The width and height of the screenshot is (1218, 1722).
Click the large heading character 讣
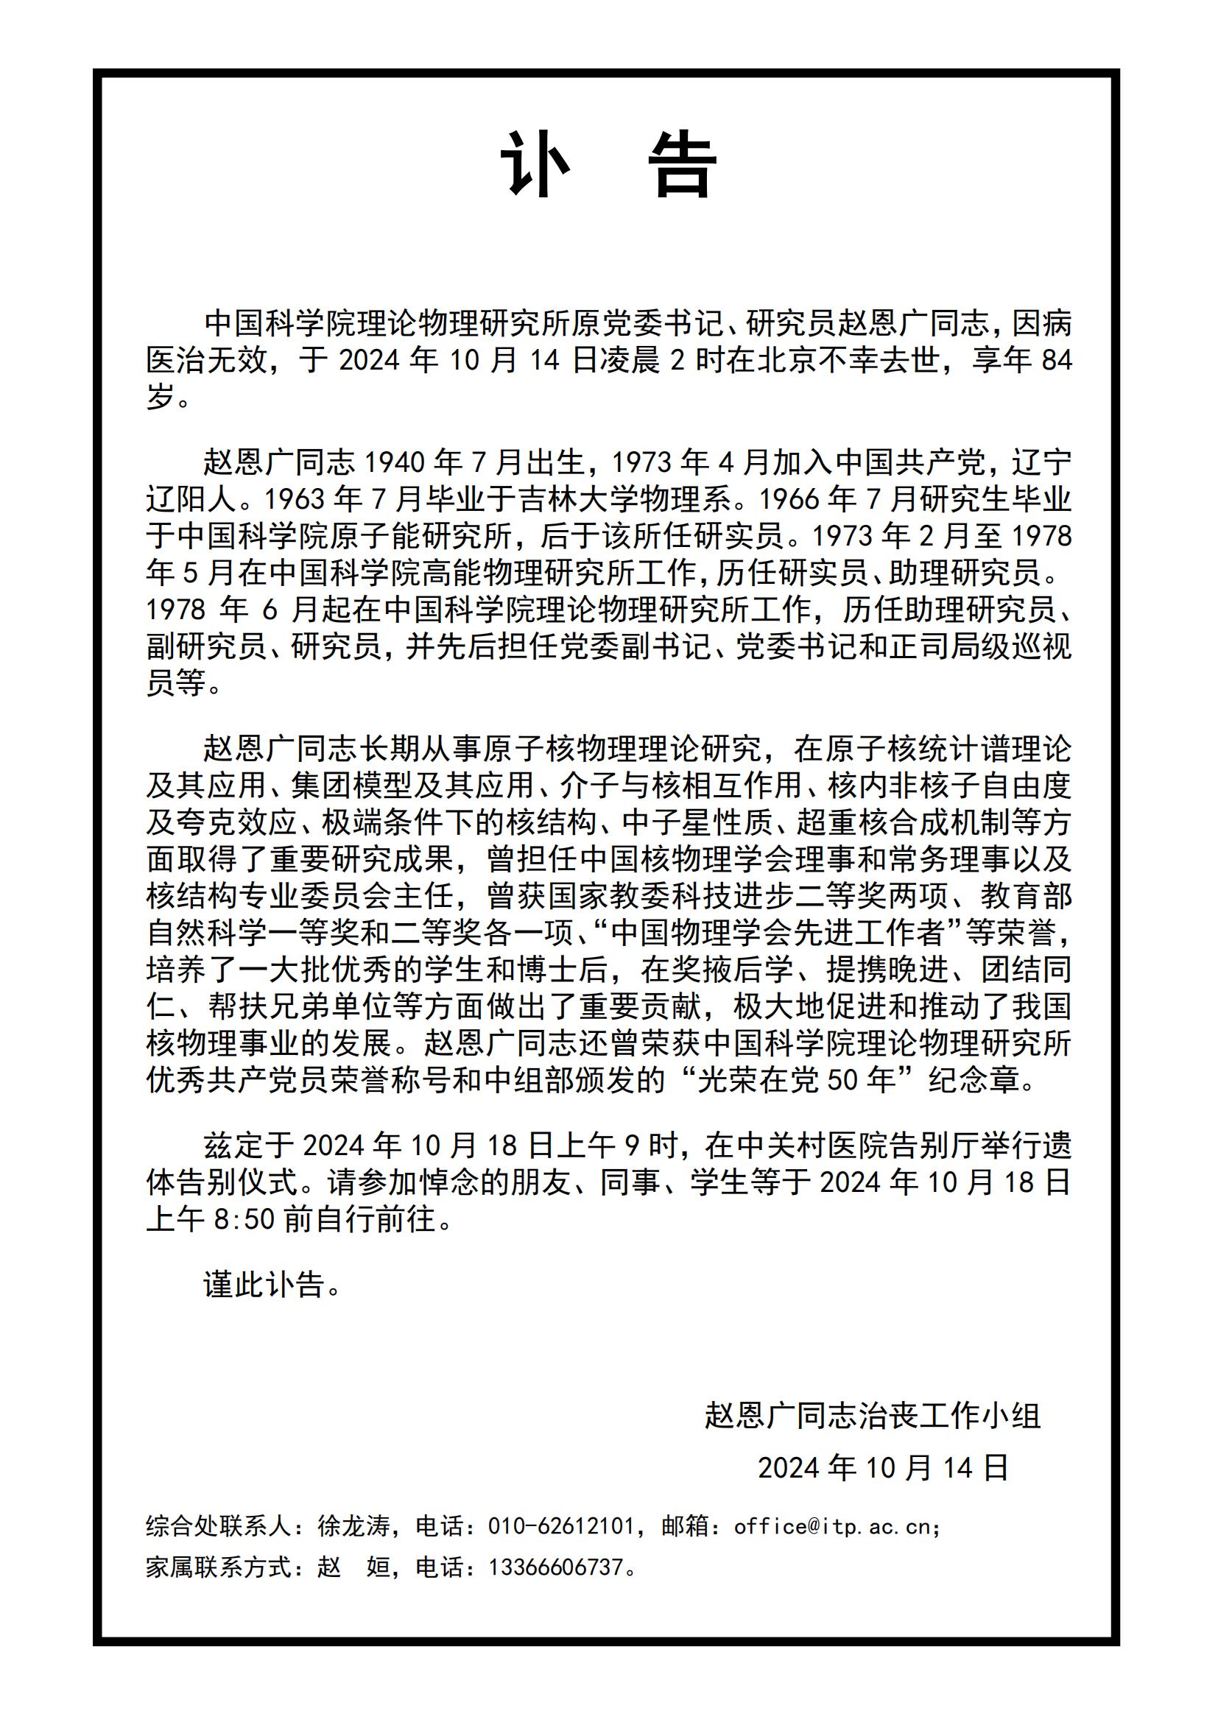[x=536, y=165]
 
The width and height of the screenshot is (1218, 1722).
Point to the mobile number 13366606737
[x=556, y=1567]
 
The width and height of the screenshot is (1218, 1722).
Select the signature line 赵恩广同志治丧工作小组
[x=872, y=1415]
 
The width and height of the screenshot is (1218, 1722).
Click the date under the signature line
[x=883, y=1468]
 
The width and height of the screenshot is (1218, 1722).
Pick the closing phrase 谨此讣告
[x=264, y=1285]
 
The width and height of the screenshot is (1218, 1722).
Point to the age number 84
[x=1057, y=361]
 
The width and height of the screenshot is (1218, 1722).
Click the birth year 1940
[x=395, y=463]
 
